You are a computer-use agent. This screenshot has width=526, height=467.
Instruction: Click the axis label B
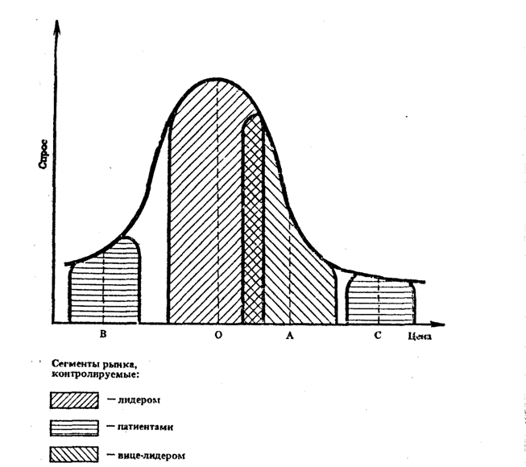103,334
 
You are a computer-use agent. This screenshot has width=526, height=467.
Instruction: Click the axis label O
217,335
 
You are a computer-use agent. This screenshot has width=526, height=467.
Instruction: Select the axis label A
289,335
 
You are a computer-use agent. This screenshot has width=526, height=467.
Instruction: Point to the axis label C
377,335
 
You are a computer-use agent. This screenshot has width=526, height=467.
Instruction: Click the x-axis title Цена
420,337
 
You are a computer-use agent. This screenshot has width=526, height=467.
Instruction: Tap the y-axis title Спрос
43,153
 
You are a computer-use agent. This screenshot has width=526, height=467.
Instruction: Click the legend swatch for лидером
73,400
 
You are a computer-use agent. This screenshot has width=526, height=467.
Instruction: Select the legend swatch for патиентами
73,427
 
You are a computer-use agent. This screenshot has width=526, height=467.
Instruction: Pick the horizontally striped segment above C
380,300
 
